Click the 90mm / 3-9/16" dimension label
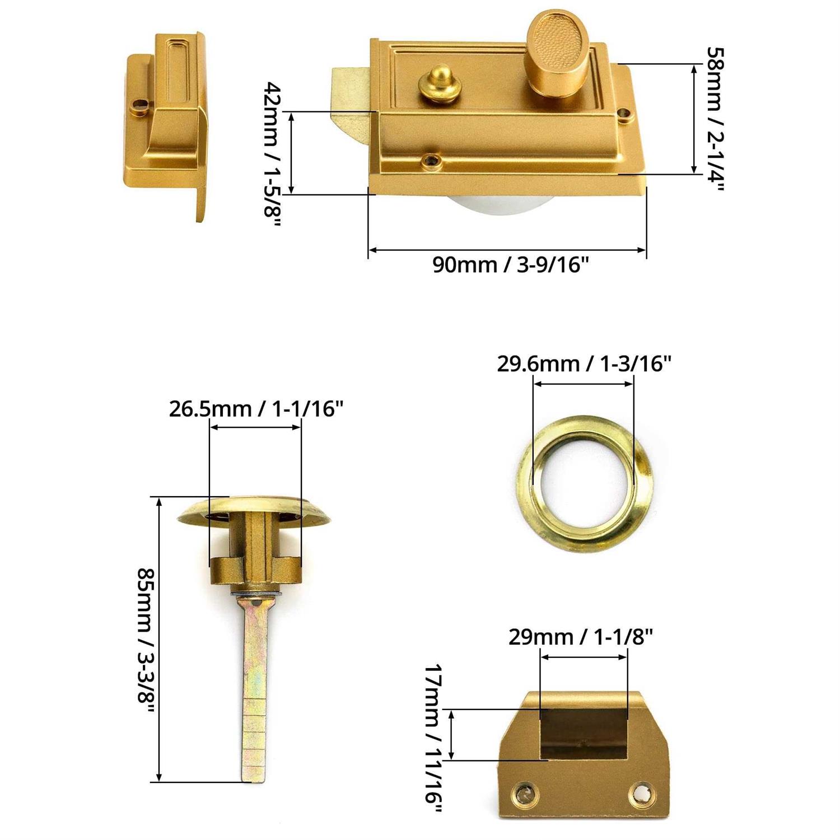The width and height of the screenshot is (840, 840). tap(510, 264)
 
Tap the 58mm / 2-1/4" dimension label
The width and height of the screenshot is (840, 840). tap(715, 119)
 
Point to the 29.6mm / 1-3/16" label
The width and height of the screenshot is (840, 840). tap(584, 364)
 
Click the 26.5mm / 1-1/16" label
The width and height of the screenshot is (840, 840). tap(255, 409)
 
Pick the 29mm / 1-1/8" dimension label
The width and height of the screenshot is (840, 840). tap(581, 637)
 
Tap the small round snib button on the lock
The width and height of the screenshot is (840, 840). tap(437, 84)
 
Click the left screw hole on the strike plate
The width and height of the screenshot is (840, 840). tap(525, 792)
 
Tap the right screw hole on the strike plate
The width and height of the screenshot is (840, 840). tap(640, 792)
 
